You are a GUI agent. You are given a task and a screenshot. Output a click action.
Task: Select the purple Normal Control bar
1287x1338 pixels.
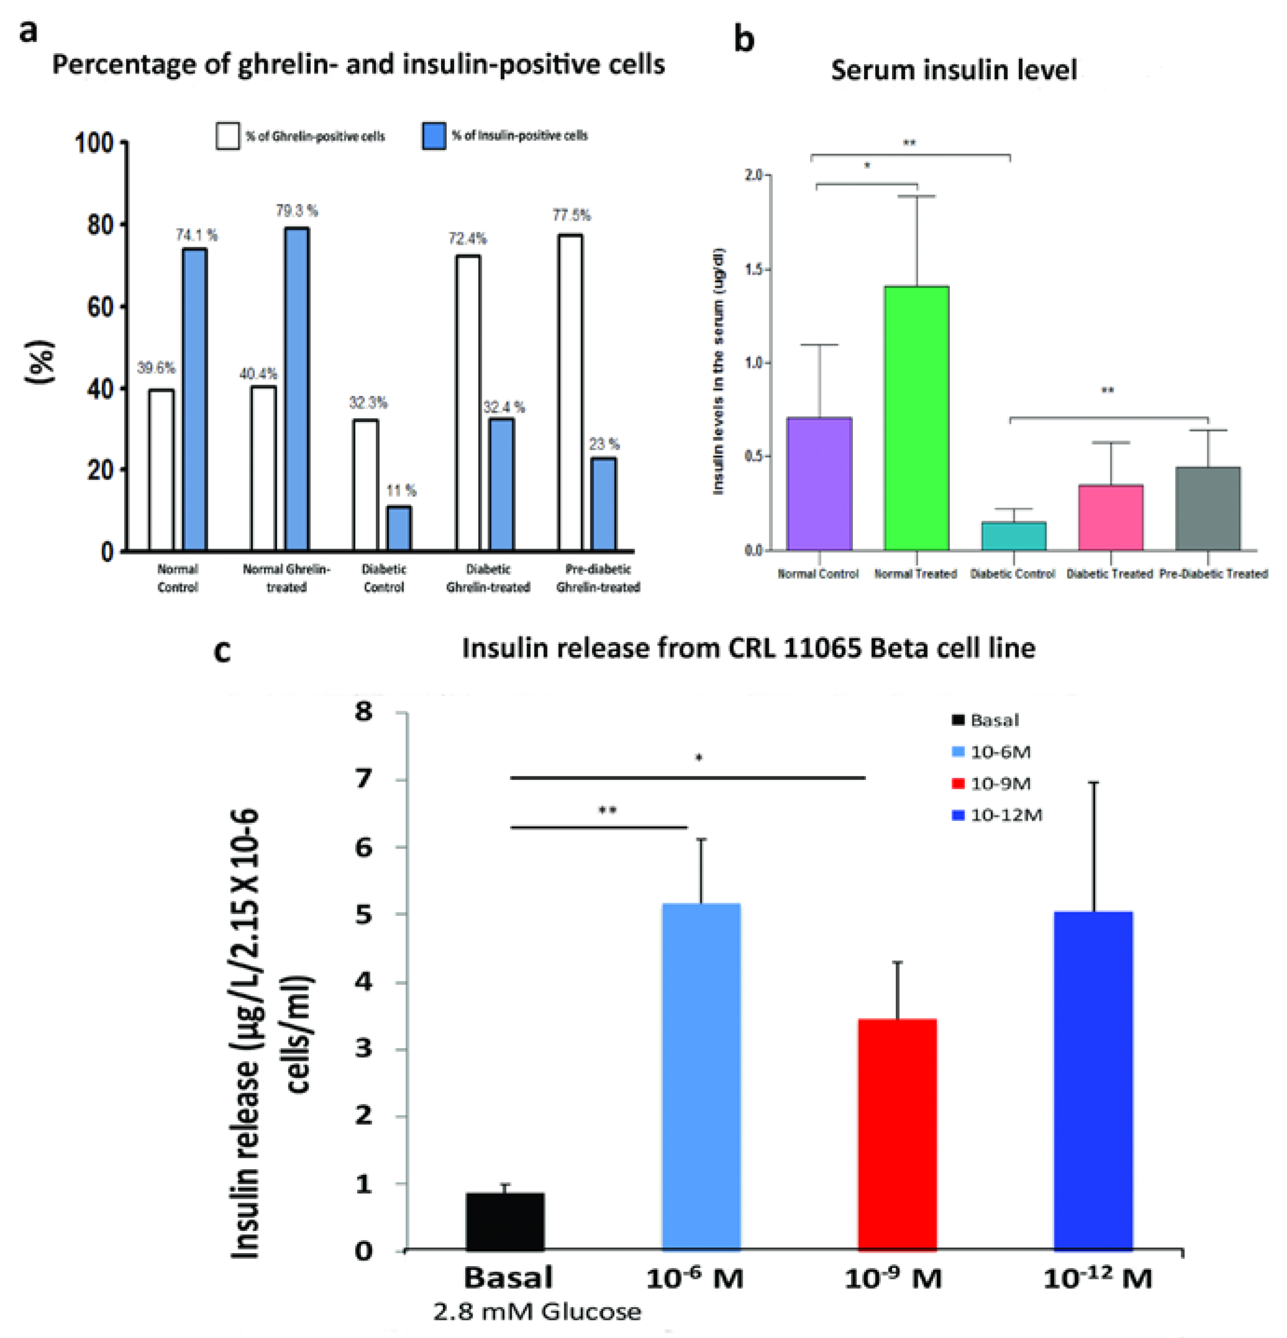[x=819, y=483]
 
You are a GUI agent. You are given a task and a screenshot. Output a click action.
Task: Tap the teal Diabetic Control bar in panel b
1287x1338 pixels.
[x=1013, y=536]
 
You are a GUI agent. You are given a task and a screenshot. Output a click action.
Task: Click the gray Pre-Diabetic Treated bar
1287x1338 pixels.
[x=1207, y=509]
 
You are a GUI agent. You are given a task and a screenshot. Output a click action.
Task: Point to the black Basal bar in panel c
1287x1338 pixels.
[x=505, y=1221]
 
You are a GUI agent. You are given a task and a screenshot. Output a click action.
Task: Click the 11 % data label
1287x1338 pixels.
[x=401, y=490]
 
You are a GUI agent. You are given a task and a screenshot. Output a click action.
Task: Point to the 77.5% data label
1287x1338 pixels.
[x=571, y=216]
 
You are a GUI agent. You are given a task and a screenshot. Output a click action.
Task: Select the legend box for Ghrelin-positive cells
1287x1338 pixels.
[x=228, y=136]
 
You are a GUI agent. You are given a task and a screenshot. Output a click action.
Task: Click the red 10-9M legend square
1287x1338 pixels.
[x=957, y=783]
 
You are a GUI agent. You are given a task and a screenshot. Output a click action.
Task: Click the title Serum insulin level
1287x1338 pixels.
[x=953, y=70]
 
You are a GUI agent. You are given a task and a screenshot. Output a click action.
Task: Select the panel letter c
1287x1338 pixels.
[x=222, y=650]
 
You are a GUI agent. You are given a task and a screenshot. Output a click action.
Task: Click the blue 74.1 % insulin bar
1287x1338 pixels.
[x=194, y=400]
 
